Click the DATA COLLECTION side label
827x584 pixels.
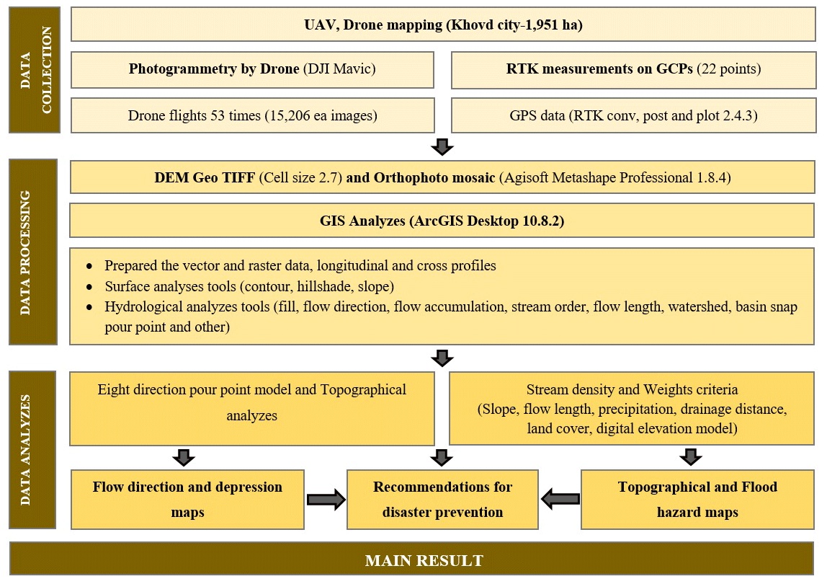click(35, 70)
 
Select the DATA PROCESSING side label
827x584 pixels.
click(35, 252)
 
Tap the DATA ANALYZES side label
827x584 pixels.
click(35, 449)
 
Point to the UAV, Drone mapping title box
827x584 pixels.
click(442, 25)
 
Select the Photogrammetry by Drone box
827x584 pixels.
click(252, 69)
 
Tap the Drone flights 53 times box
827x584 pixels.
click(252, 115)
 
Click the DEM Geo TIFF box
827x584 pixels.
click(442, 177)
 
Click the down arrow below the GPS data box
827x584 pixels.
click(442, 147)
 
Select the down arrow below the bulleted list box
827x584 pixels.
click(442, 358)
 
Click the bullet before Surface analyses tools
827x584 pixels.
click(89, 286)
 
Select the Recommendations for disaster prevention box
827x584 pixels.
click(442, 500)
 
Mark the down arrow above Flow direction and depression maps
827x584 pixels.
click(184, 457)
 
